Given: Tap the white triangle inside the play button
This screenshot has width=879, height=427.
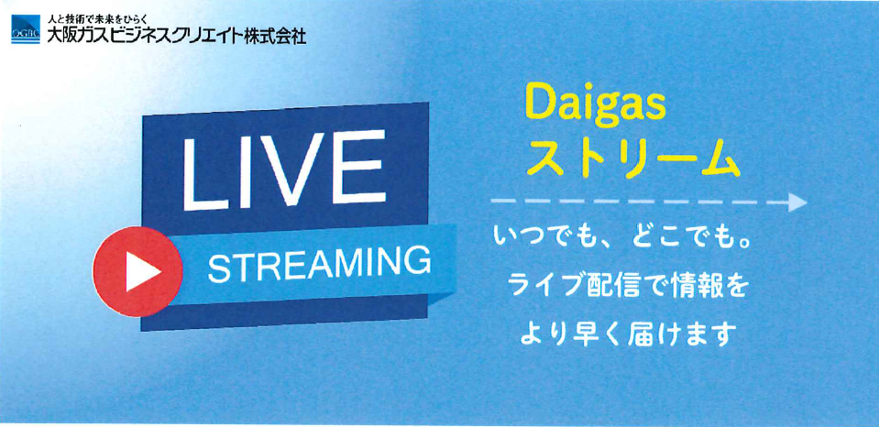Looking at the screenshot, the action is (x=142, y=271).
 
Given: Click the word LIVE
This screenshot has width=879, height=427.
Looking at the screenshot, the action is (x=285, y=171).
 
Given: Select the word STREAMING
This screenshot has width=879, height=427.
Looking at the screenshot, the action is (x=320, y=266).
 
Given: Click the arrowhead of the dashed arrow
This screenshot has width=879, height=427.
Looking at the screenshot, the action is (x=797, y=202).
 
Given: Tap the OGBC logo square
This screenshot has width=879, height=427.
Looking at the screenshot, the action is (x=26, y=29).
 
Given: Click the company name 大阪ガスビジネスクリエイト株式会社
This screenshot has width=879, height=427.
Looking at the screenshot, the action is (x=177, y=37).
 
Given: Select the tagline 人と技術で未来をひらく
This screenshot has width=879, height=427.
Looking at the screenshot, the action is (x=98, y=21).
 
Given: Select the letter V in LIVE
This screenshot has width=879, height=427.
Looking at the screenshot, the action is (x=288, y=170).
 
